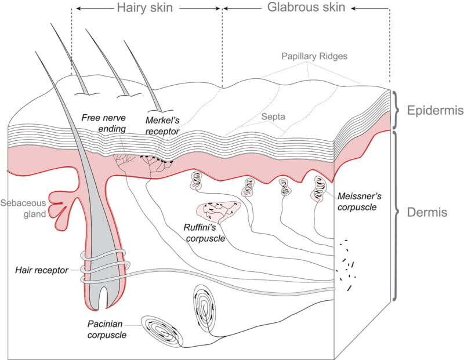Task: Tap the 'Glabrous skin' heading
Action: coord(306,8)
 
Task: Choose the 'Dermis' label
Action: coord(426,213)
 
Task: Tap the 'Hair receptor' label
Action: coord(42,270)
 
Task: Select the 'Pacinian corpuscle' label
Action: coord(107,329)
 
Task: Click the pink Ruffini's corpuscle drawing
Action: coord(219,210)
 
